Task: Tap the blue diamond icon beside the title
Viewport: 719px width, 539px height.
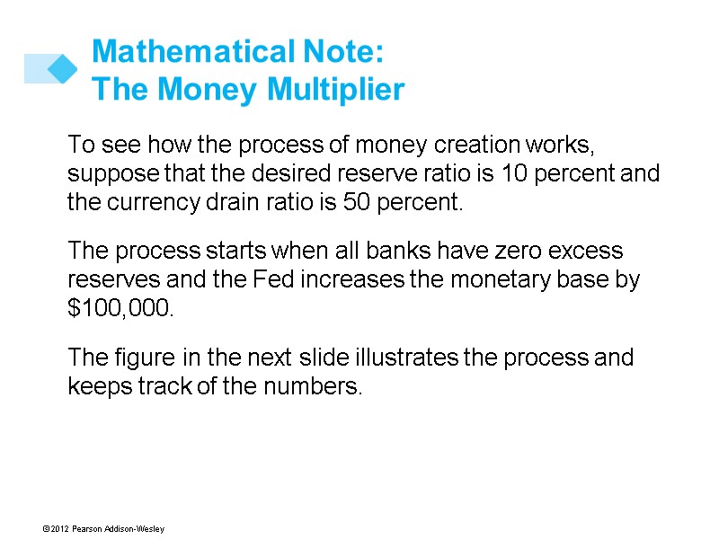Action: [61, 68]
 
